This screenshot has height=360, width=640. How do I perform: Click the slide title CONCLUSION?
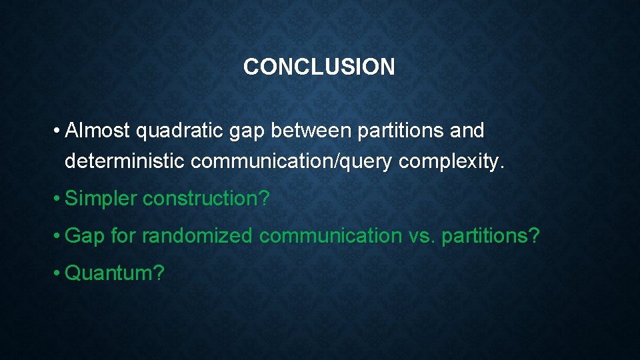[319, 67]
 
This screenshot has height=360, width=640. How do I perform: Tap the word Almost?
[98, 131]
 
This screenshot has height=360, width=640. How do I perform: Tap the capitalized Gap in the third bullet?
[85, 235]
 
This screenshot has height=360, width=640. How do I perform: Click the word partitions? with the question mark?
[489, 235]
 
